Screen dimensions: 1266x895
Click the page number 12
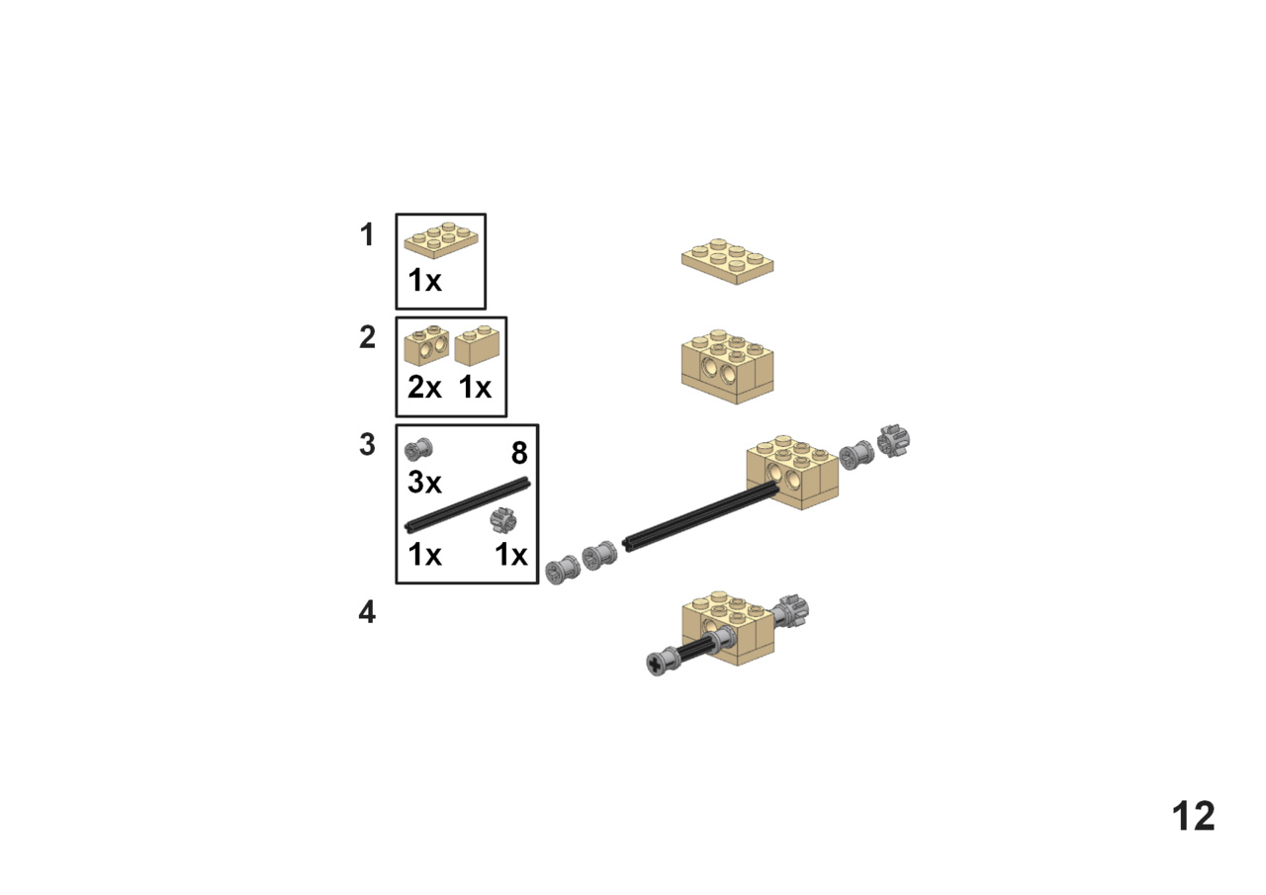1193,816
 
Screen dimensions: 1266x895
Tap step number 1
367,234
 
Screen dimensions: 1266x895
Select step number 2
367,337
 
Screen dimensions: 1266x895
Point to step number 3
367,445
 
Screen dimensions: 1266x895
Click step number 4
367,612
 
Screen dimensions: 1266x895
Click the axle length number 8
519,453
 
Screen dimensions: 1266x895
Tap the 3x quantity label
424,483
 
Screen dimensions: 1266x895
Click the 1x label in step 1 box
424,280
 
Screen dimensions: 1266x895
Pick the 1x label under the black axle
424,554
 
